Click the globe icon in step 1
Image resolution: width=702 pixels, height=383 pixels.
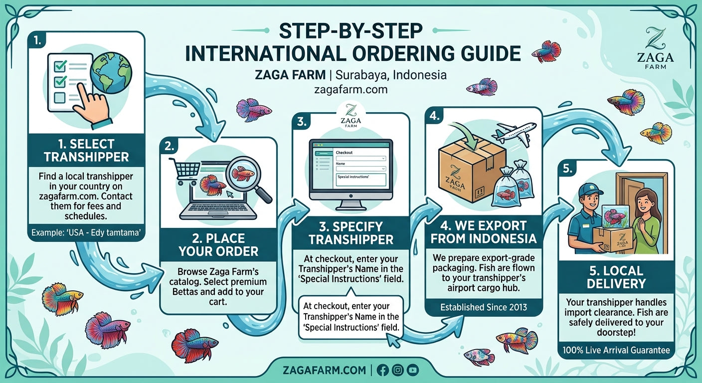[x=111, y=73]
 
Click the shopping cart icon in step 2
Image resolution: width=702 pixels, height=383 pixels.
[x=185, y=170]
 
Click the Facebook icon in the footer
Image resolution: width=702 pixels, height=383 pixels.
[x=382, y=370]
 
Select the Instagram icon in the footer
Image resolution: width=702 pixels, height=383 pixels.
[x=397, y=370]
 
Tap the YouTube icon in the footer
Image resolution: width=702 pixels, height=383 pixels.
[x=412, y=370]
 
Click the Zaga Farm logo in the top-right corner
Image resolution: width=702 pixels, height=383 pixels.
[x=655, y=48]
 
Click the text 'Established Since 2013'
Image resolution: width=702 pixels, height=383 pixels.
[x=484, y=307]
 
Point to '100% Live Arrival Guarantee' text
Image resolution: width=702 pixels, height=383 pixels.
[x=616, y=350]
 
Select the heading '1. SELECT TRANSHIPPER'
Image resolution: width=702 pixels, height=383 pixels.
[x=86, y=151]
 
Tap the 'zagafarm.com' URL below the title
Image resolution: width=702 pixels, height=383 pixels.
[x=351, y=90]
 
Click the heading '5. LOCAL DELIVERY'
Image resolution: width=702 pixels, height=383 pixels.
[x=616, y=277]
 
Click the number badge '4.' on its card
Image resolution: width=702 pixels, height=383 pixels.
[x=434, y=116]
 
